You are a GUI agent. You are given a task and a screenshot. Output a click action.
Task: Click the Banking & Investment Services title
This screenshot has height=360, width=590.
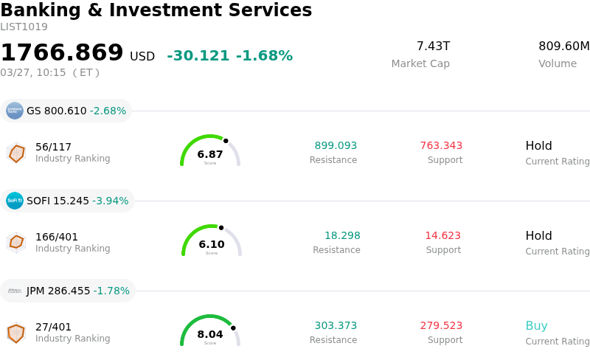pyautogui.click(x=156, y=10)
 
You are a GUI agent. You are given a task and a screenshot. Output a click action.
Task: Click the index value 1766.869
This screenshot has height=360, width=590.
pyautogui.click(x=62, y=53)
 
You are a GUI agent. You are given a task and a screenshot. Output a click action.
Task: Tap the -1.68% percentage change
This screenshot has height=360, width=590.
pyautogui.click(x=264, y=56)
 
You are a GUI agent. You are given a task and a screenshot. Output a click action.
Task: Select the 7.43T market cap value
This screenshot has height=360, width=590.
pyautogui.click(x=433, y=46)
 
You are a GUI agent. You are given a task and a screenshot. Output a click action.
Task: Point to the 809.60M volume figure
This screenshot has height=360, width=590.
pyautogui.click(x=563, y=46)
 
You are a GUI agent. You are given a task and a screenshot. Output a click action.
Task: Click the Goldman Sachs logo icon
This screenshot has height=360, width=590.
pyautogui.click(x=15, y=111)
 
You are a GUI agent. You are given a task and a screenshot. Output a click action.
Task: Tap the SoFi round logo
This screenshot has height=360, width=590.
pyautogui.click(x=15, y=201)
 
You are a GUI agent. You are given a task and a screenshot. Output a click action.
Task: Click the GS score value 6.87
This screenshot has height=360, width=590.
pyautogui.click(x=210, y=154)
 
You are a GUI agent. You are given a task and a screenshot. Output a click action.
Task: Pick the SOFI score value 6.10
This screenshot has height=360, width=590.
pyautogui.click(x=212, y=244)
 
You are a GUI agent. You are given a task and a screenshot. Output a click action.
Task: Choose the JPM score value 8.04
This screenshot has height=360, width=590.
pyautogui.click(x=210, y=334)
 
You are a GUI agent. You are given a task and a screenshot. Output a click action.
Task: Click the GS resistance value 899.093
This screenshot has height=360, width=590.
pyautogui.click(x=336, y=145)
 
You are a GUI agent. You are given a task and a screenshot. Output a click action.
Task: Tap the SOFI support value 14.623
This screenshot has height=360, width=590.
pyautogui.click(x=442, y=235)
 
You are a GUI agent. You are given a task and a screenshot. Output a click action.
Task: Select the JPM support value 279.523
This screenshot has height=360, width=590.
pyautogui.click(x=441, y=325)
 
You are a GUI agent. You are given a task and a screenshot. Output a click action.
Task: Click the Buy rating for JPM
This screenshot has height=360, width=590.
pyautogui.click(x=536, y=325)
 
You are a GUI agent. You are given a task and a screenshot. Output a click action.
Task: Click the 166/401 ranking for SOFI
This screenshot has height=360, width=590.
pyautogui.click(x=57, y=237)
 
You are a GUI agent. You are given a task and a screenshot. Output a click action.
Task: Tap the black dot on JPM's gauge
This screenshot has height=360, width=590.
pyautogui.click(x=233, y=328)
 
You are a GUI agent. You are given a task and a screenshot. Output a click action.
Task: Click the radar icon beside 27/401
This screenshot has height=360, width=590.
pyautogui.click(x=15, y=333)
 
